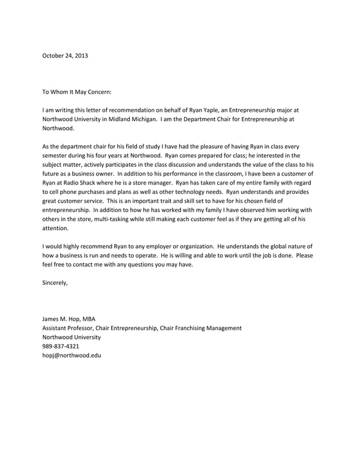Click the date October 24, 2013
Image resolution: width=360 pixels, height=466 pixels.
tap(65, 55)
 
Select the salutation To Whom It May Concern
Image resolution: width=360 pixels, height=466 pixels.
tap(77, 91)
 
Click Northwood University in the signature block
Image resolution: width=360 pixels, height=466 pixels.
tap(72, 337)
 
